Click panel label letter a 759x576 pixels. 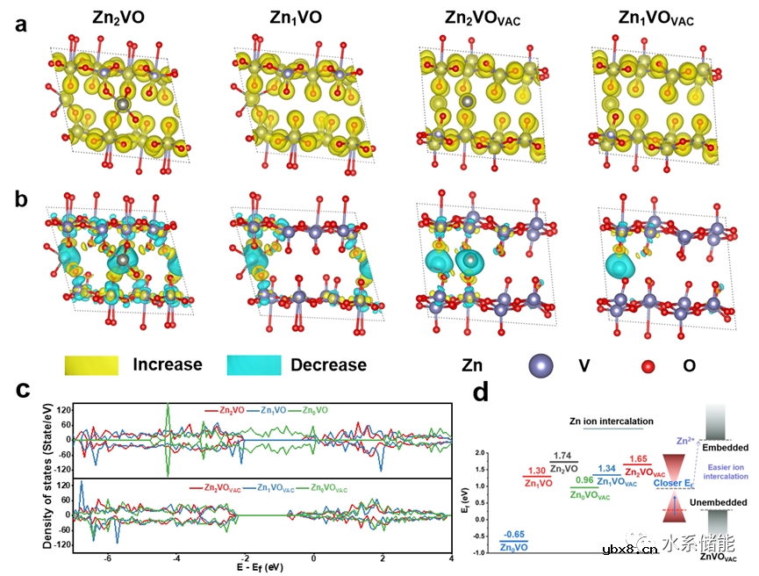click(22, 25)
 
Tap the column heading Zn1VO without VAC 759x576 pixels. click(284, 18)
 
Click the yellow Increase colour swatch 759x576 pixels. click(90, 364)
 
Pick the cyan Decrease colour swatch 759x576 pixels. click(254, 364)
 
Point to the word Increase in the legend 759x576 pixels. click(168, 364)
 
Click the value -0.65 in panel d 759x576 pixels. click(513, 533)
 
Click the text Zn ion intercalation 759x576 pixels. click(611, 421)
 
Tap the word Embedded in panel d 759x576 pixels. click(720, 448)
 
